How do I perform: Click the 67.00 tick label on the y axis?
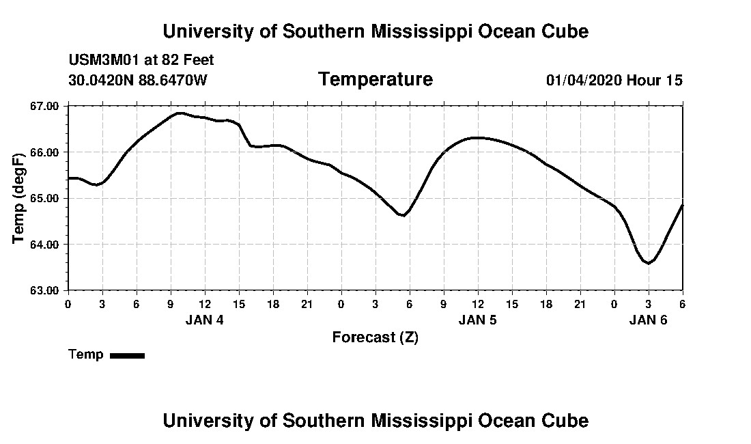[x=45, y=106]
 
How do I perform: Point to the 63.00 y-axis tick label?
[x=45, y=290]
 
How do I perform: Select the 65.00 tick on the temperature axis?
[x=45, y=198]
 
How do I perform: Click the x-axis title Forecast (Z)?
[x=375, y=337]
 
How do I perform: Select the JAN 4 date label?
[x=204, y=320]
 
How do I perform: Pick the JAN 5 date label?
[x=477, y=320]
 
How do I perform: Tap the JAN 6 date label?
[x=648, y=320]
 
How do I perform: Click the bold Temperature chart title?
[x=375, y=80]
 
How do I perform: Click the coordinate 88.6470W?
[x=173, y=80]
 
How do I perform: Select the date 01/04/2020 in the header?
[x=583, y=80]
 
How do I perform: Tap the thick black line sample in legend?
[x=128, y=355]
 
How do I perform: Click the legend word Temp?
[x=86, y=355]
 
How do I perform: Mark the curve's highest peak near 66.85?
[x=180, y=113]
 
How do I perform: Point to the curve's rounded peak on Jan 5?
[x=478, y=138]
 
